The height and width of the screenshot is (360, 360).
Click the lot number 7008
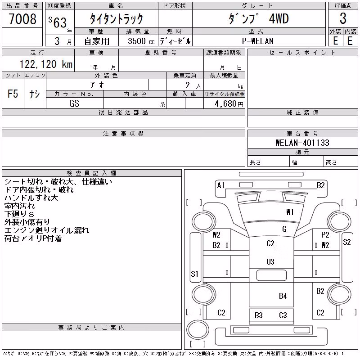(22, 18)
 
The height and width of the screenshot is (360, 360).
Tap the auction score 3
(343, 18)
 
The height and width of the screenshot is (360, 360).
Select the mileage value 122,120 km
(46, 64)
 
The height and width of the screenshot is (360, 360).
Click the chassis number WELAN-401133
(302, 143)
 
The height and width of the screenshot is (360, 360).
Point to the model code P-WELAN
(257, 41)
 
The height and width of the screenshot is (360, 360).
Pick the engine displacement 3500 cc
(141, 41)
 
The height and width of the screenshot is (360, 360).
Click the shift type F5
(13, 94)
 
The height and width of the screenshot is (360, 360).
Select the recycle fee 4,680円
(229, 104)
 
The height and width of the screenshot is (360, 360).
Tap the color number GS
(74, 103)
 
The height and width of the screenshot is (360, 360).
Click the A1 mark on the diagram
(220, 185)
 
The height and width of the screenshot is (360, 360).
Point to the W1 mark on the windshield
(290, 212)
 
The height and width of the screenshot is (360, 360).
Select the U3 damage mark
(270, 262)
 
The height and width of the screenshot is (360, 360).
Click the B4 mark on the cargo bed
(283, 296)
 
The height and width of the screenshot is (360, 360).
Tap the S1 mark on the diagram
(194, 274)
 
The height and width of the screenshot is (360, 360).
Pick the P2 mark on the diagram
(325, 234)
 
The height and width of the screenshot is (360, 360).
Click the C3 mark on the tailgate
(283, 315)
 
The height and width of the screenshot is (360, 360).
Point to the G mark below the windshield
(284, 229)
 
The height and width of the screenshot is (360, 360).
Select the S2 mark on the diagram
(346, 242)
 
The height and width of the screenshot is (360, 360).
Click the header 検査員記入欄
(91, 173)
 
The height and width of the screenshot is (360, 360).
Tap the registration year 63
(60, 22)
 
